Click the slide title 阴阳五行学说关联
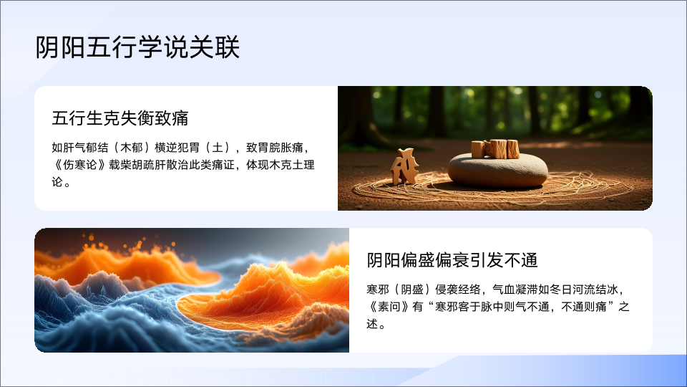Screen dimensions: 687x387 pyautogui.click(x=137, y=47)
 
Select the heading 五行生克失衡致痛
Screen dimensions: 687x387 pyautogui.click(x=120, y=118)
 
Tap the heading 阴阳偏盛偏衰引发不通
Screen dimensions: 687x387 pyautogui.click(x=452, y=260)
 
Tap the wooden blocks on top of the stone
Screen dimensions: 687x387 pyautogui.click(x=495, y=149)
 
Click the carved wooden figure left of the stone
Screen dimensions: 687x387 pyautogui.click(x=404, y=166)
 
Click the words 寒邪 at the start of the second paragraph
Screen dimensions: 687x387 pyautogui.click(x=378, y=290)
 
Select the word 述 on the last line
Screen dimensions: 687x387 pyautogui.click(x=372, y=324)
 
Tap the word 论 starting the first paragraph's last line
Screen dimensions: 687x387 pyautogui.click(x=57, y=182)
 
